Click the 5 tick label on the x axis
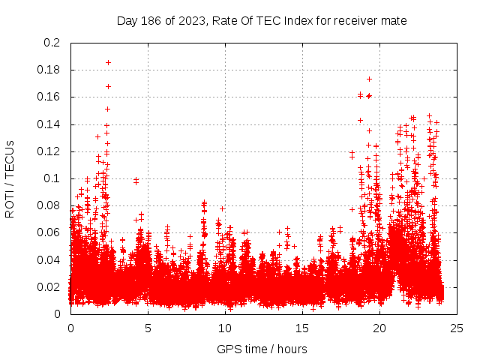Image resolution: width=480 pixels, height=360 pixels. (148, 328)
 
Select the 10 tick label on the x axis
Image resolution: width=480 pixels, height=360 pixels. (225, 328)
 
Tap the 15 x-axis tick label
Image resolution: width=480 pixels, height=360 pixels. (302, 328)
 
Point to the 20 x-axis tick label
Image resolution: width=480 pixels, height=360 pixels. (379, 328)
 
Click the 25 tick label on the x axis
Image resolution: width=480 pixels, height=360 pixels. (457, 328)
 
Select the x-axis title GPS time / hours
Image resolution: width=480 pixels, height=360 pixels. (262, 349)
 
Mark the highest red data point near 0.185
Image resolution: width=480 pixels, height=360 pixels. (108, 62)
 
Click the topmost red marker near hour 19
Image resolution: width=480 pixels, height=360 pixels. (369, 79)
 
